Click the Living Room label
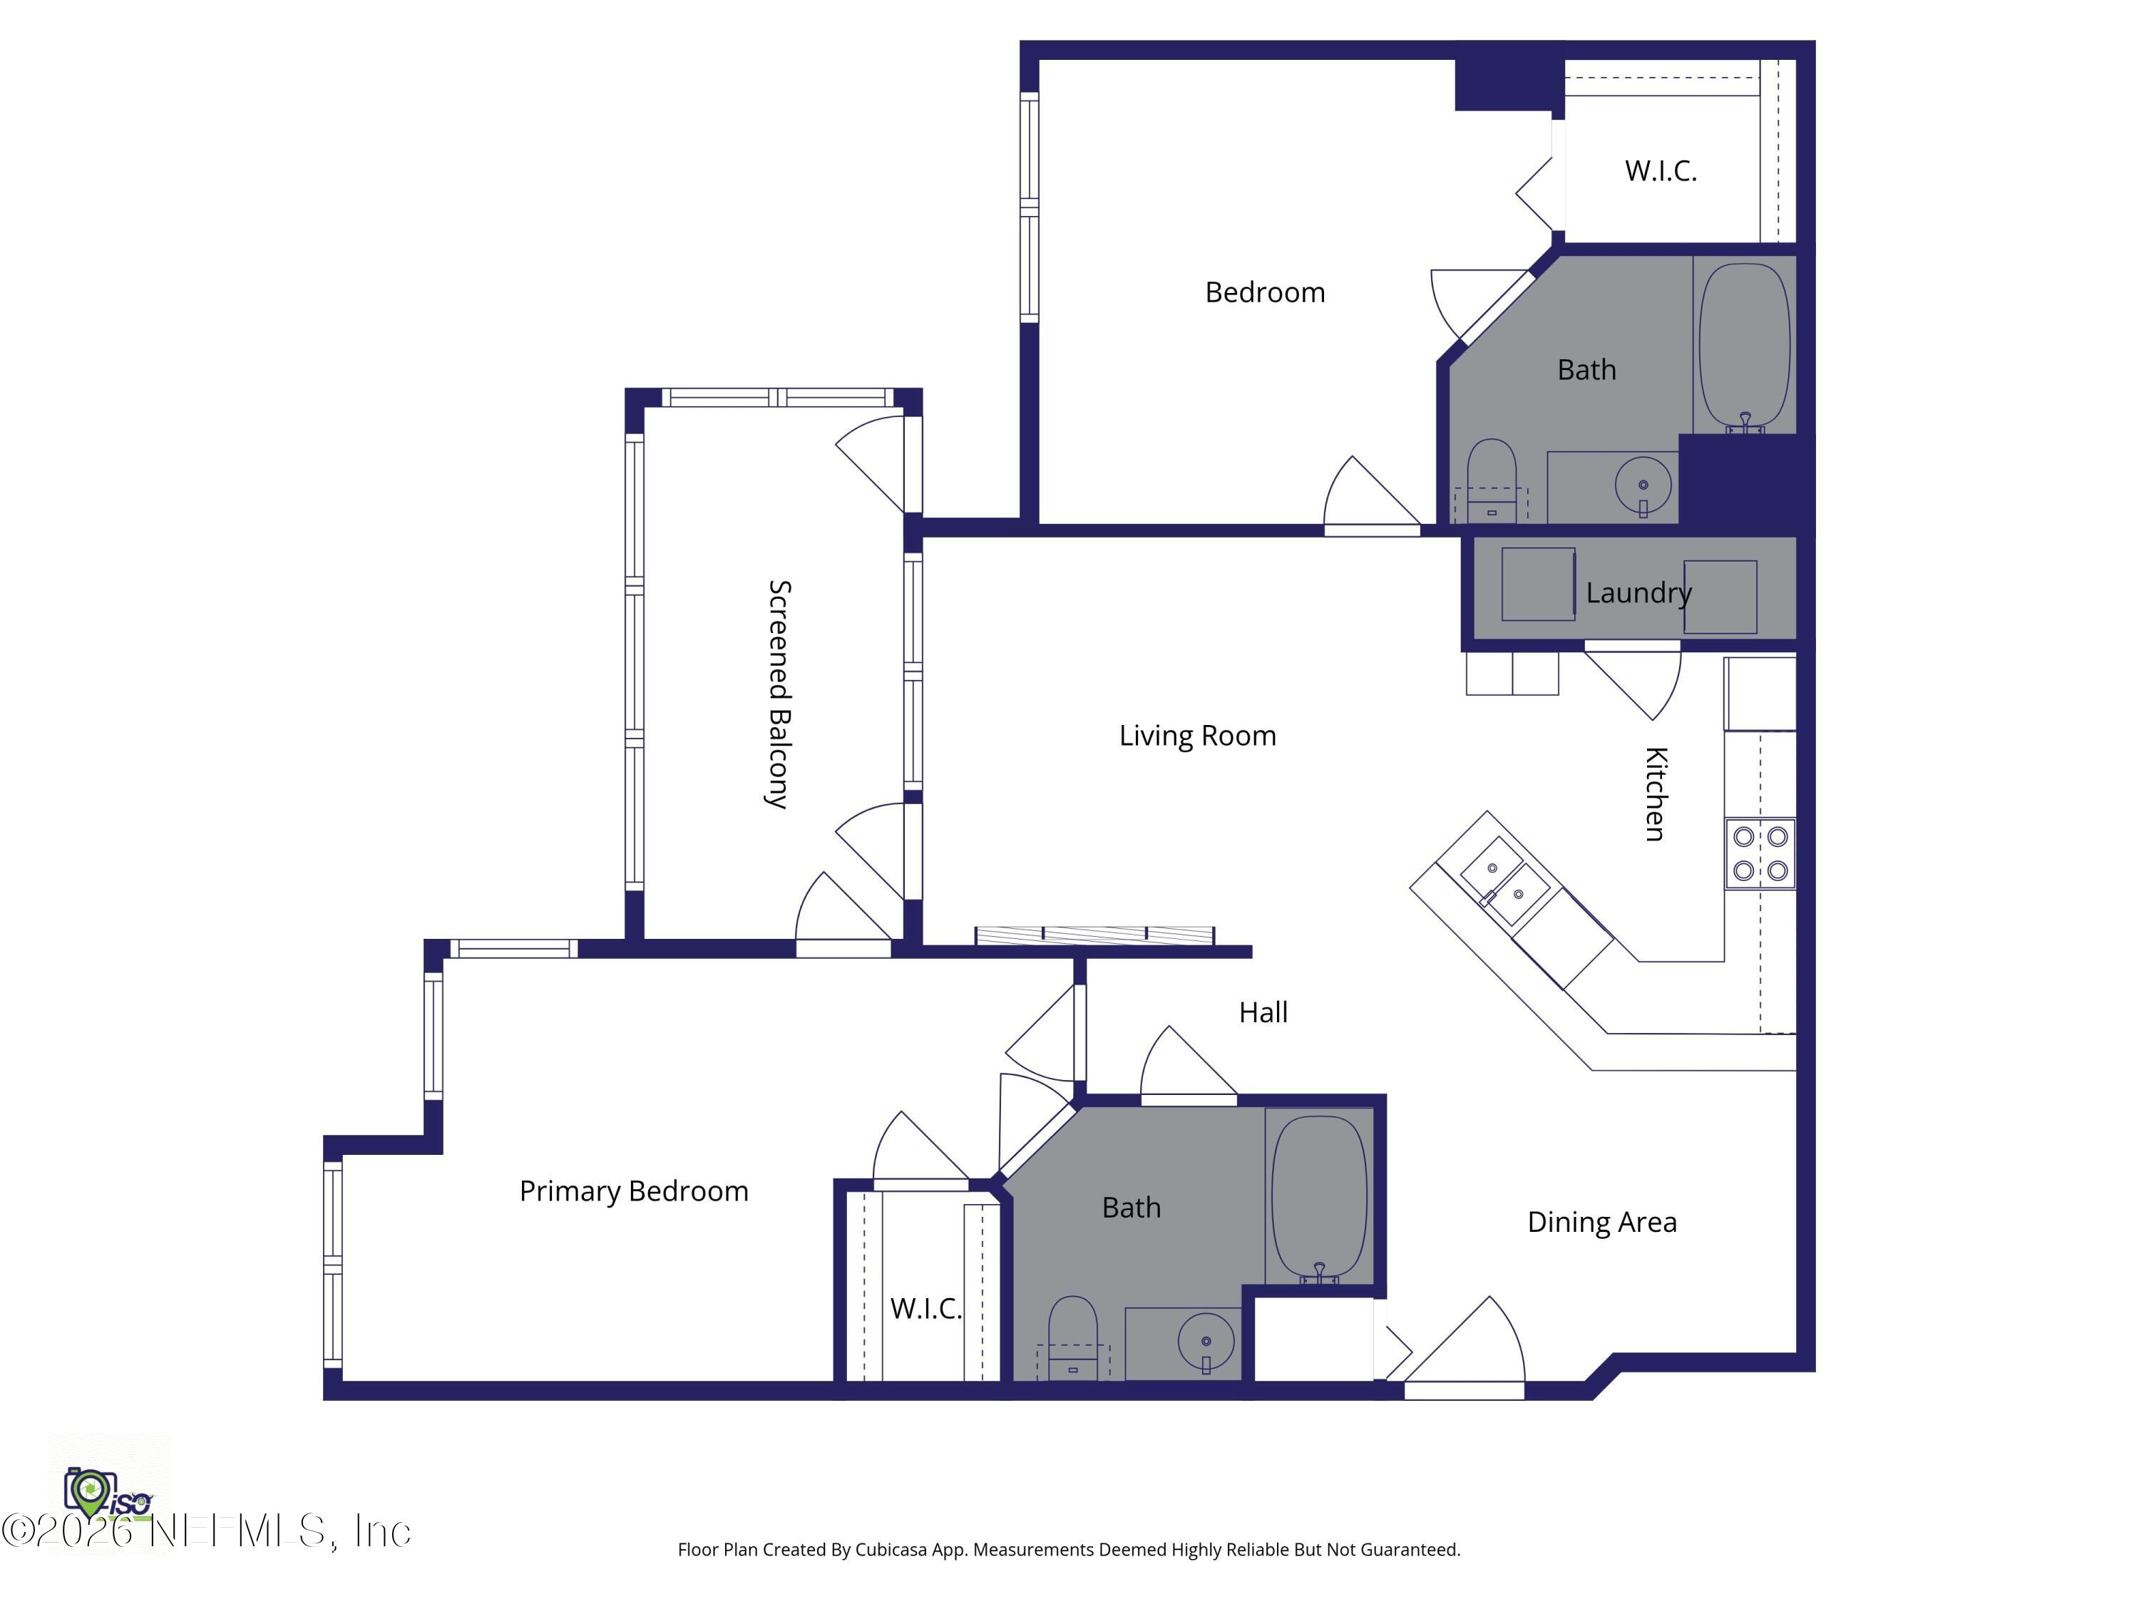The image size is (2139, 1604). click(1197, 736)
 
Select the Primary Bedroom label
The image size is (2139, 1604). click(633, 1191)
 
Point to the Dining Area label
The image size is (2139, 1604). click(1601, 1222)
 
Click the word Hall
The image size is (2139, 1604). click(1263, 1012)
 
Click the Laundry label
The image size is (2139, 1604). click(1638, 592)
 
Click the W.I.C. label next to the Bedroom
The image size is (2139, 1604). click(1661, 171)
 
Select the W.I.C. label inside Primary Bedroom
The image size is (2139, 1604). click(925, 1308)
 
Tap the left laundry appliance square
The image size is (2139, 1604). click(1537, 584)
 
